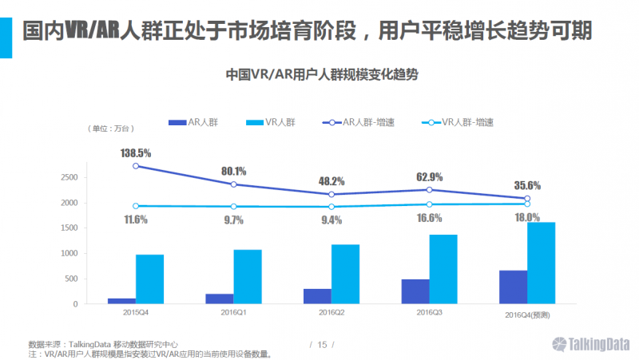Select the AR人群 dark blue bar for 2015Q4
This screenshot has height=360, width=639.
click(121, 301)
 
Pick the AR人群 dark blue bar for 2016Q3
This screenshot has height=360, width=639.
click(415, 291)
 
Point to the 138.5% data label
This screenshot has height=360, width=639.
click(136, 152)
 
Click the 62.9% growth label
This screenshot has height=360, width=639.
click(428, 176)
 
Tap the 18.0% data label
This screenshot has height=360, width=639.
click(526, 216)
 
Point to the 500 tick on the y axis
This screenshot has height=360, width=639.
click(70, 279)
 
